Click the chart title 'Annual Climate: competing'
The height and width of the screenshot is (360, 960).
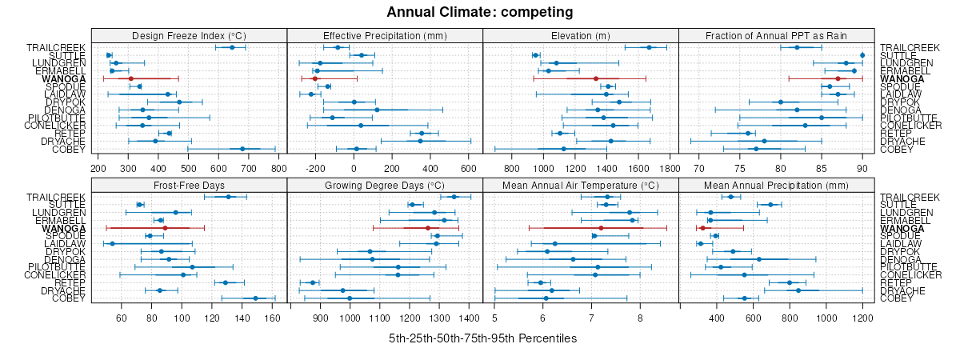[480, 12]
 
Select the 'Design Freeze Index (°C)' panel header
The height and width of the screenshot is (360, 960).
[189, 35]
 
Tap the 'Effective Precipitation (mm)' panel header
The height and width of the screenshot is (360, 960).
[385, 35]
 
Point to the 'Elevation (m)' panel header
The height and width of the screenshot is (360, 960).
[581, 35]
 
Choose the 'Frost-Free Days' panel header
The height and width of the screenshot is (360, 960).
[189, 185]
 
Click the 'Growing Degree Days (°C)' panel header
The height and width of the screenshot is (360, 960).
[385, 185]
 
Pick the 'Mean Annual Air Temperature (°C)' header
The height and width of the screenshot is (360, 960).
[581, 185]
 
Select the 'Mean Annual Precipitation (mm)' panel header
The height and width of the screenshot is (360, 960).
[776, 185]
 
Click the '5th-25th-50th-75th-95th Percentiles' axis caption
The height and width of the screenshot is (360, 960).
[482, 338]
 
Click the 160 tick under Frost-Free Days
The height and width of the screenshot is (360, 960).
[273, 318]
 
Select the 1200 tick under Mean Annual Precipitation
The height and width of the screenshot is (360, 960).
[862, 318]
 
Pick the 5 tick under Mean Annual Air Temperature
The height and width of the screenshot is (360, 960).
[495, 318]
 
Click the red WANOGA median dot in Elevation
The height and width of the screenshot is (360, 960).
[596, 78]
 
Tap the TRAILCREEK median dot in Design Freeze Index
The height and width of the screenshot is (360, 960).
[232, 47]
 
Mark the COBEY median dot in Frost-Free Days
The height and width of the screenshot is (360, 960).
[256, 298]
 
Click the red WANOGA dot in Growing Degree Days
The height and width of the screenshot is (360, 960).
[428, 228]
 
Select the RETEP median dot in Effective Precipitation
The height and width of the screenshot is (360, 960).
[422, 133]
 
